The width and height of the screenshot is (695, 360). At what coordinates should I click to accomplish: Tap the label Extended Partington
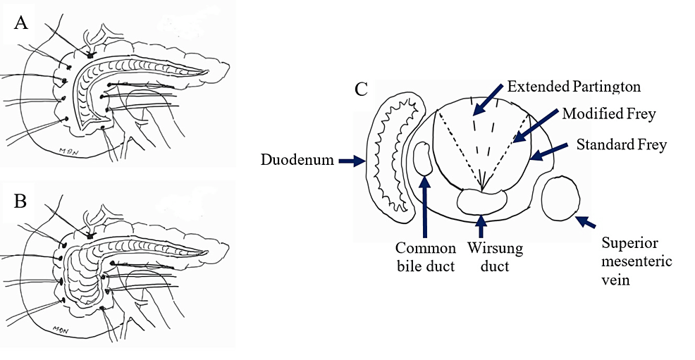(574, 87)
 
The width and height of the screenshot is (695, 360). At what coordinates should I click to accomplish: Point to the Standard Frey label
(621, 146)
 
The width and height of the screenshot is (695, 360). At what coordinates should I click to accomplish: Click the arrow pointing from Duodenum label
(350, 161)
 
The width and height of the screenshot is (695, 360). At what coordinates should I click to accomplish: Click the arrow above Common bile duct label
(425, 208)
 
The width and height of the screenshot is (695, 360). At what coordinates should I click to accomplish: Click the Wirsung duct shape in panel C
(481, 199)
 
